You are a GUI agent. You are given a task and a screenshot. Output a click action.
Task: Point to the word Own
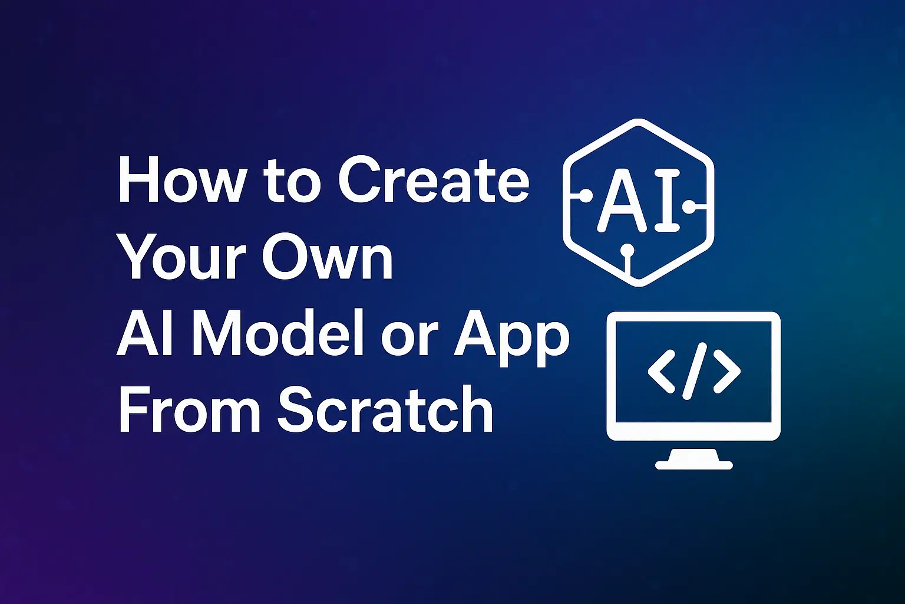point(327,257)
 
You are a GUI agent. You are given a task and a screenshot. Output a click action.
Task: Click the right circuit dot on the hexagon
point(688,207)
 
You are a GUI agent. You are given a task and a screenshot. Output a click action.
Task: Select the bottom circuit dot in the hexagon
point(627,250)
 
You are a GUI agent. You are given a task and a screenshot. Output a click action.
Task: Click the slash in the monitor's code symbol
point(694,371)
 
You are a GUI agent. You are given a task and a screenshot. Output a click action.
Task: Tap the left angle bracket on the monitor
point(662,372)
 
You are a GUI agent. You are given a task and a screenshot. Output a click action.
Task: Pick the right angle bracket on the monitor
point(727,372)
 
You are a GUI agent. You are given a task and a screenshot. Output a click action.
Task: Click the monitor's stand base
point(693,465)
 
